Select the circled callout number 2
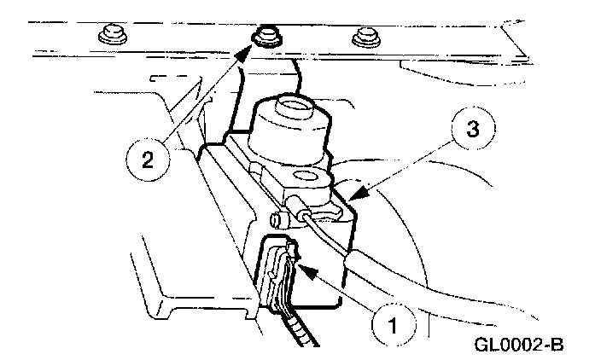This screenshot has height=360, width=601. (x=149, y=160)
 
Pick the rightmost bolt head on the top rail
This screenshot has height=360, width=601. (x=365, y=38)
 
